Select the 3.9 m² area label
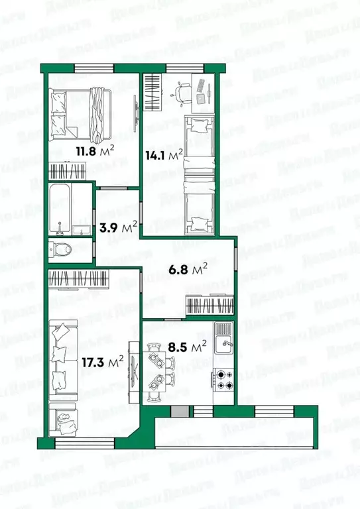coord(118,227)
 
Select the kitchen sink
coord(223,343)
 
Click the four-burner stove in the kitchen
coord(223,379)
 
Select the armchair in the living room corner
coord(64,420)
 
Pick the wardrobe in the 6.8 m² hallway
coord(209,306)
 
